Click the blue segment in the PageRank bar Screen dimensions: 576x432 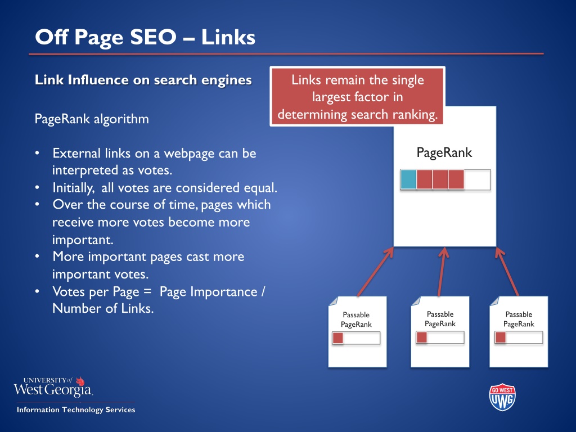point(408,179)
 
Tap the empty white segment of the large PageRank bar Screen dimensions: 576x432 point(477,179)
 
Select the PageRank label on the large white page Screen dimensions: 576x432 point(444,152)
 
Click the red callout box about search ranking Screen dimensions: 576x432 point(357,97)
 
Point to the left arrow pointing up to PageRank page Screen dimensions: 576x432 point(375,272)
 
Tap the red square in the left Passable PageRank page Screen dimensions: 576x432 point(337,338)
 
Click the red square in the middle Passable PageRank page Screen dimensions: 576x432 point(422,337)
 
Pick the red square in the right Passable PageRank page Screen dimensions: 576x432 point(500,337)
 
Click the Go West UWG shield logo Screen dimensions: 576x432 point(502,397)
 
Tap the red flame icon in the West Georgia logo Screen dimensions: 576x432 point(80,381)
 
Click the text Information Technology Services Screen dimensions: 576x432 point(76,409)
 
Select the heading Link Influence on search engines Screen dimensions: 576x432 point(143,80)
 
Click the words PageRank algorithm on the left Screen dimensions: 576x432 point(92,119)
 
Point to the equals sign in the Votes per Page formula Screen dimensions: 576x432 point(147,292)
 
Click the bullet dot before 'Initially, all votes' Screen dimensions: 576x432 point(37,188)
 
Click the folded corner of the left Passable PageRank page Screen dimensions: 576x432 point(334,301)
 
